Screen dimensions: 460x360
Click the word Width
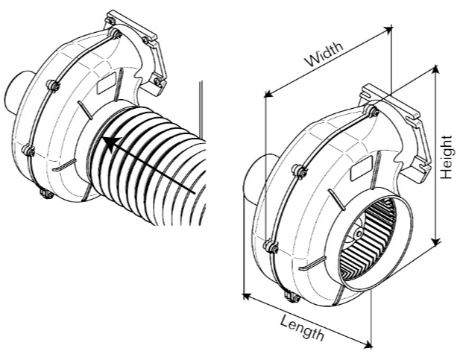[x=324, y=54]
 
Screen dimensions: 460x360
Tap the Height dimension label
[x=447, y=157]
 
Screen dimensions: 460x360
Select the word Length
[x=302, y=327]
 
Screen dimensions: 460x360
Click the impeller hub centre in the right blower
[x=358, y=234]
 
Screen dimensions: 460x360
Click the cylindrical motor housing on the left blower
[x=18, y=93]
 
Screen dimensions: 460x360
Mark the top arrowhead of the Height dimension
[x=436, y=69]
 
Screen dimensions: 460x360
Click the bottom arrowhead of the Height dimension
[x=436, y=241]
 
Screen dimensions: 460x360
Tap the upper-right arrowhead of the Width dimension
[x=388, y=29]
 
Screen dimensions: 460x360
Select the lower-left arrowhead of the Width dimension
[x=268, y=94]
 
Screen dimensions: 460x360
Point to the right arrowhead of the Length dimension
[x=369, y=344]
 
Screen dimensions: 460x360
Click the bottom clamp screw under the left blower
[x=45, y=194]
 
